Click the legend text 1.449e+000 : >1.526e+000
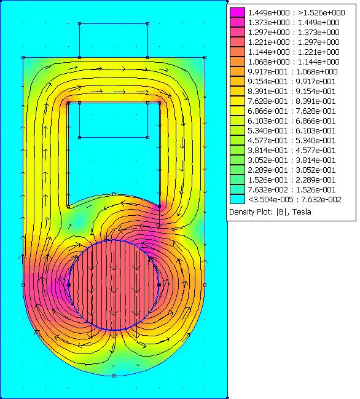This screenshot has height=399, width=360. click(297, 13)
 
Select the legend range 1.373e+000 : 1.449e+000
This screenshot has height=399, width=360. click(294, 23)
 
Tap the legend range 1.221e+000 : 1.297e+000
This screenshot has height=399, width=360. click(294, 42)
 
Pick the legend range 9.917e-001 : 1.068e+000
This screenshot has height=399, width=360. click(292, 72)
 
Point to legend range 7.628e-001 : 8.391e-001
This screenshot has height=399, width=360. click(292, 101)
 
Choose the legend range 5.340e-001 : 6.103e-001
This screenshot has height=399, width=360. click(292, 131)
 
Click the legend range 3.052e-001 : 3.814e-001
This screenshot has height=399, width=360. click(292, 160)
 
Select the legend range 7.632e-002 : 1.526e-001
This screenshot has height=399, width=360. click(292, 190)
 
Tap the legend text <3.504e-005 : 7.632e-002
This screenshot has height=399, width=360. click(295, 200)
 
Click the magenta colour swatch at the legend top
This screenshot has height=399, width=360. click(238, 12)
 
